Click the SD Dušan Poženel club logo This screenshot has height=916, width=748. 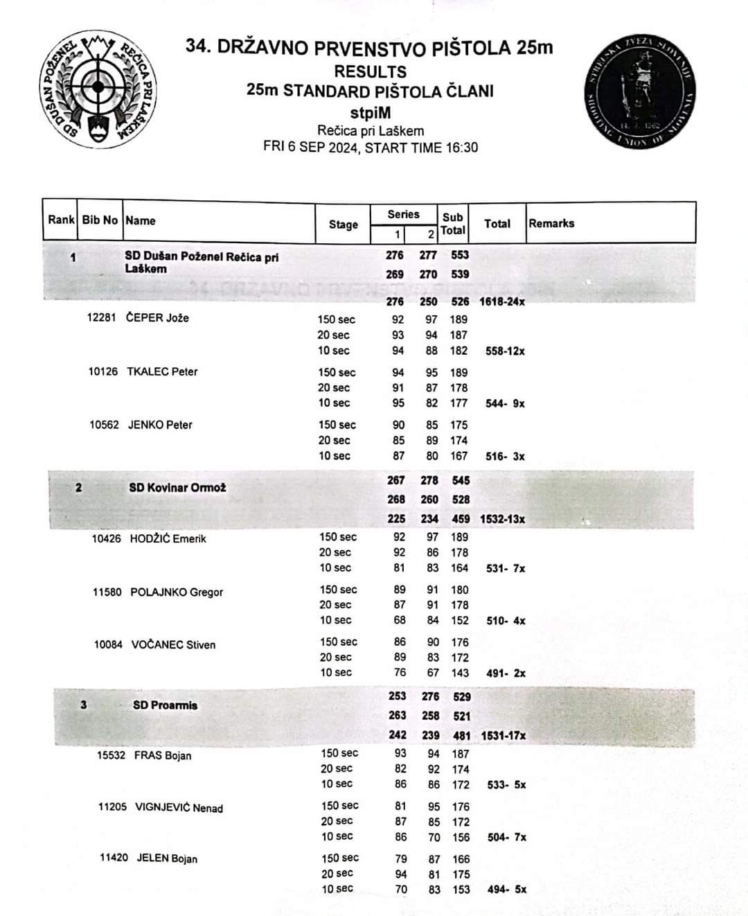(x=98, y=88)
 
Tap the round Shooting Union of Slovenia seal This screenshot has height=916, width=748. (x=640, y=90)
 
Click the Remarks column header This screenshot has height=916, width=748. (x=551, y=223)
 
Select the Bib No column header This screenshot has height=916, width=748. (x=100, y=220)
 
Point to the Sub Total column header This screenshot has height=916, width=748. (x=453, y=223)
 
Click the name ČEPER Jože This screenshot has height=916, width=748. (x=157, y=318)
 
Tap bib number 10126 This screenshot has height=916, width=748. (x=103, y=371)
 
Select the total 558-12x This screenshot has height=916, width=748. (x=505, y=351)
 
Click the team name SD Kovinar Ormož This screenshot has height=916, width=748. (x=177, y=488)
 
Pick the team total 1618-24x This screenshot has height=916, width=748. (x=502, y=302)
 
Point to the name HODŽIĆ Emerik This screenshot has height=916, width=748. (x=168, y=538)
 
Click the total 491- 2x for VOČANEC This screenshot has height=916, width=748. (x=506, y=673)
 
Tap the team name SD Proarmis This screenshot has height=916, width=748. (x=165, y=705)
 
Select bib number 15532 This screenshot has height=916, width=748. (x=111, y=755)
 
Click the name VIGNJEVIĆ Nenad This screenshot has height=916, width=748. (x=179, y=807)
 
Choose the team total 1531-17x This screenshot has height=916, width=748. (x=503, y=735)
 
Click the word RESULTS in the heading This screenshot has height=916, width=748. (x=370, y=71)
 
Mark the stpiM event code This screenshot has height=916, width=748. (x=370, y=112)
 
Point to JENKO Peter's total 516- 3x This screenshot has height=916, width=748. (x=505, y=457)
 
